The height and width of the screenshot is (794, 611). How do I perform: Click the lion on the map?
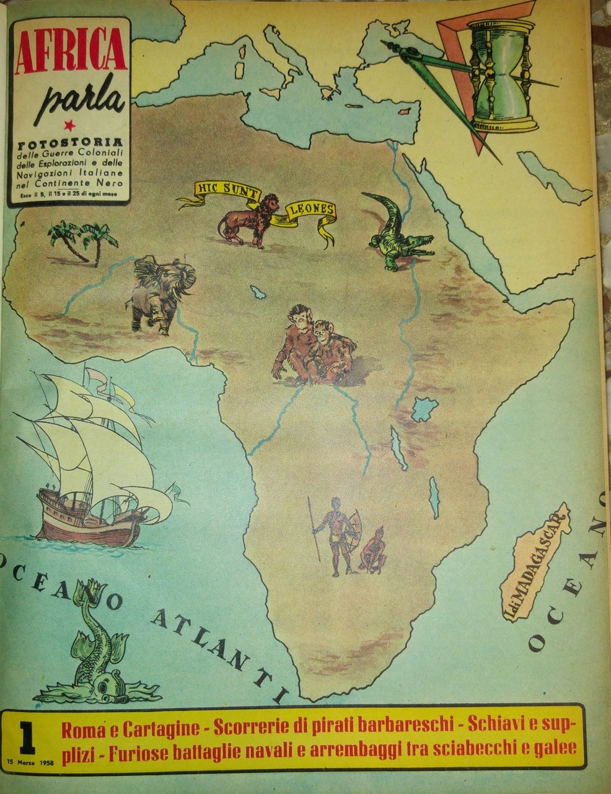point(247,219)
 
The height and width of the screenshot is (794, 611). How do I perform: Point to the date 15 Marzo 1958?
point(30,762)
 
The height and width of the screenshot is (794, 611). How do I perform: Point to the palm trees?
point(82,240)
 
